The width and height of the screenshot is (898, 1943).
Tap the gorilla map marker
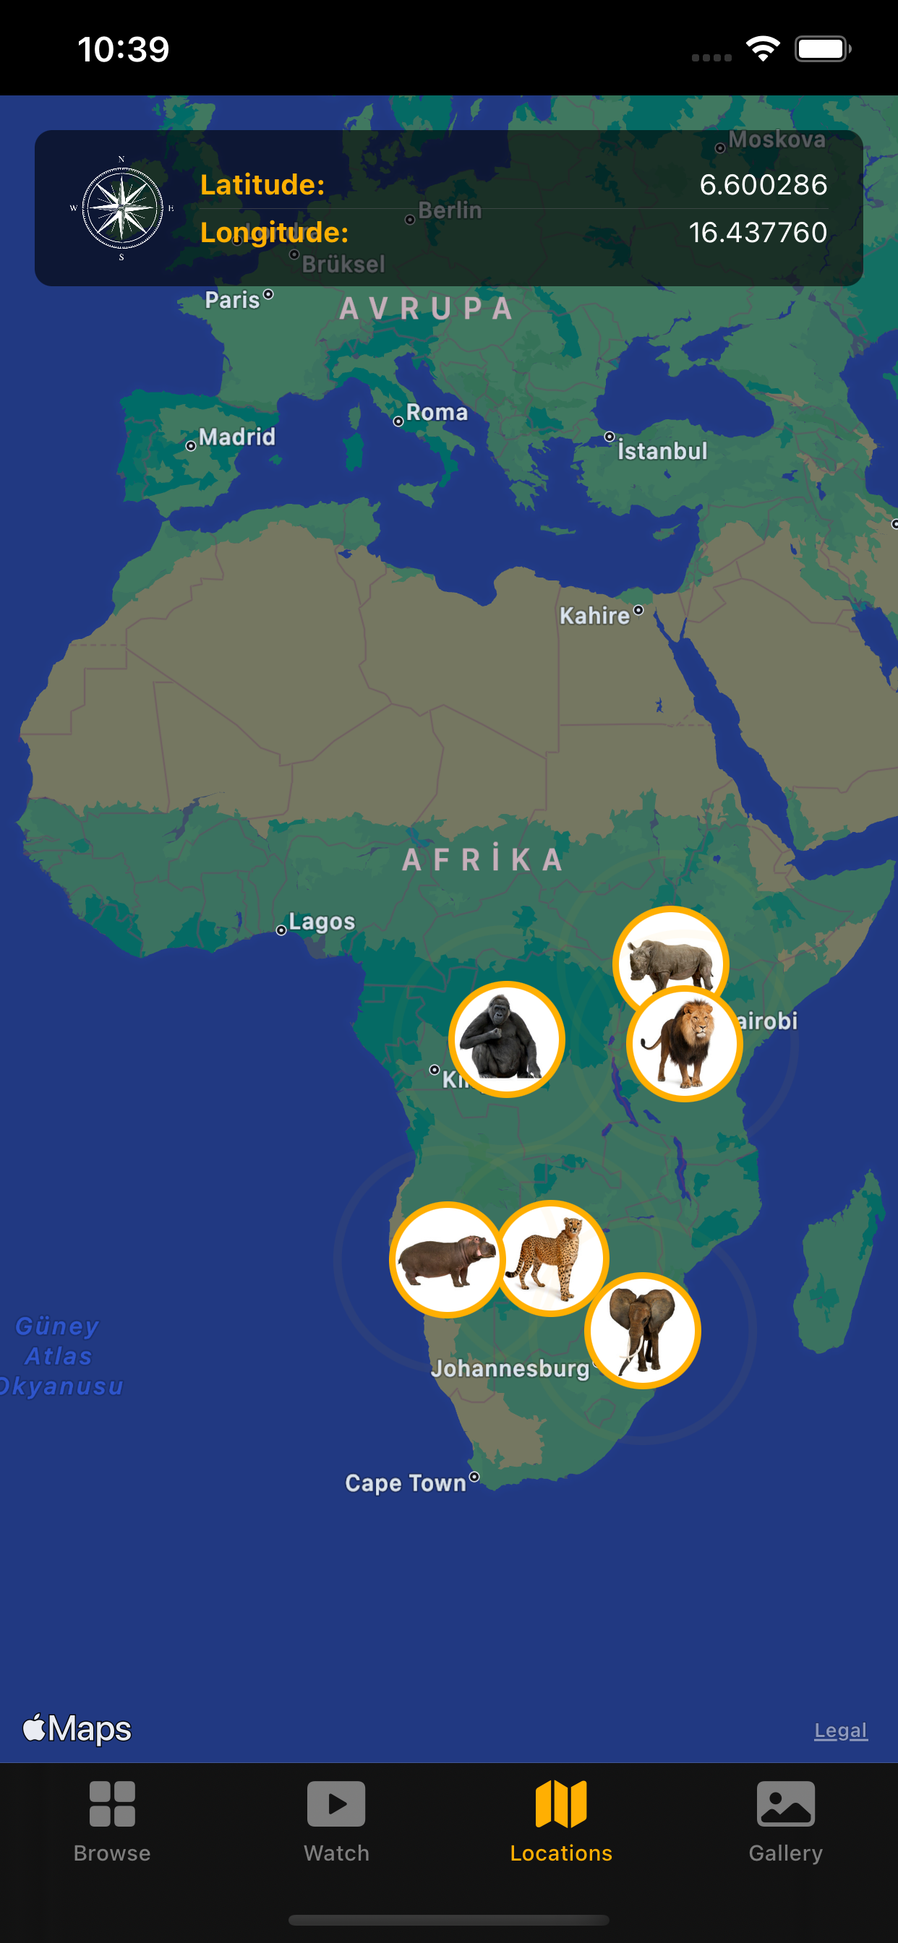(506, 1039)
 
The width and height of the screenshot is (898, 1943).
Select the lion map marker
(685, 1045)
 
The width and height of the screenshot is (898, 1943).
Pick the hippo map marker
(447, 1259)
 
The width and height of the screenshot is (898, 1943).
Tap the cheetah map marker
(552, 1257)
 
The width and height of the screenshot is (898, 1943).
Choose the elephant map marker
(642, 1331)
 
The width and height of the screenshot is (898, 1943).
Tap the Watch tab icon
(336, 1804)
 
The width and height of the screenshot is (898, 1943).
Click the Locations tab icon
(560, 1804)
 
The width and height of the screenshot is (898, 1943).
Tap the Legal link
(841, 1730)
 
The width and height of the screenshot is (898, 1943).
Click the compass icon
(122, 208)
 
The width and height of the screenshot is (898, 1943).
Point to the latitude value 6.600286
(763, 185)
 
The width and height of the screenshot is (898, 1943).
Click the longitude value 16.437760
(758, 232)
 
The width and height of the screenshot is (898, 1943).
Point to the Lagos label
(322, 922)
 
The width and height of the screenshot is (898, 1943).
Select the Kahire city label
(594, 615)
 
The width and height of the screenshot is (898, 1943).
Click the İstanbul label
(662, 451)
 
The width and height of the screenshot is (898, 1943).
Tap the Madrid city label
(237, 437)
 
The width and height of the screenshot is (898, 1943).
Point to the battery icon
(823, 50)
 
